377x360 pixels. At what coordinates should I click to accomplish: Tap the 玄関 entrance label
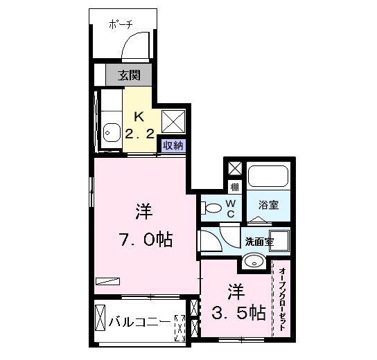(128, 75)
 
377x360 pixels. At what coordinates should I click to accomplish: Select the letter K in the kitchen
(138, 116)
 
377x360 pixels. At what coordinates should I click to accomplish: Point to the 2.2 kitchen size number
(139, 134)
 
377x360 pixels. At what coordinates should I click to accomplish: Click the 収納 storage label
(173, 145)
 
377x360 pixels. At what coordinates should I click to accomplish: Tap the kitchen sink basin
(110, 130)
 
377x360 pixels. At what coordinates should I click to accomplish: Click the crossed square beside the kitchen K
(173, 120)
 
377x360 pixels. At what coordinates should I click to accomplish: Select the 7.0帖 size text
(144, 240)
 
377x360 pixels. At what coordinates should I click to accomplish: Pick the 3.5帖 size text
(238, 312)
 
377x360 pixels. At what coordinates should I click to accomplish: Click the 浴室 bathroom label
(268, 205)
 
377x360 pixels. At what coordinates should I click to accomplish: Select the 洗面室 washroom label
(258, 242)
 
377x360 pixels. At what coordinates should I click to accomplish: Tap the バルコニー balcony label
(140, 322)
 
